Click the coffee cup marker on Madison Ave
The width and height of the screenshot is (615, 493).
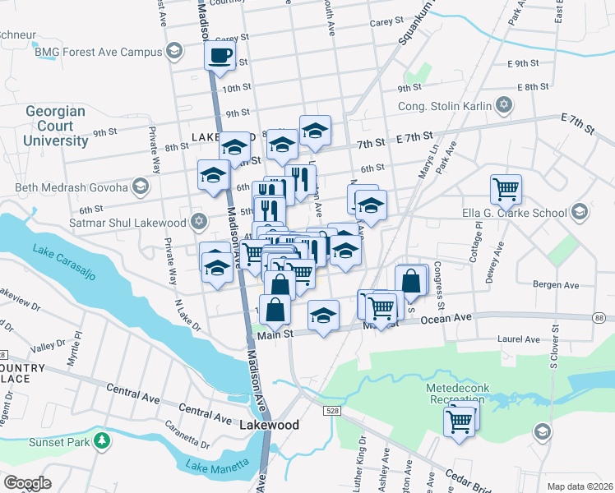(220, 56)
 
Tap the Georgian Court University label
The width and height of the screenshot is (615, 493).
(57, 126)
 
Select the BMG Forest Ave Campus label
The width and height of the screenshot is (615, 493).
(99, 52)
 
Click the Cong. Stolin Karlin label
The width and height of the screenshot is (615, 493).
(444, 105)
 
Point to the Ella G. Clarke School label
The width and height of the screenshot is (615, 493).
(520, 213)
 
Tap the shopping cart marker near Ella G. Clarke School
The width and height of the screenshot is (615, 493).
(506, 189)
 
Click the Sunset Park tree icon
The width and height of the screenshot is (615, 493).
(102, 441)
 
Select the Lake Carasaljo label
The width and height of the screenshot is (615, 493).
(65, 262)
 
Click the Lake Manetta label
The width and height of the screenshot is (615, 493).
(217, 466)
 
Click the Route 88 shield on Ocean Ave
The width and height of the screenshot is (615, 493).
(599, 318)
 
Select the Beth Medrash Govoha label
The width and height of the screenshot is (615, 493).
(72, 187)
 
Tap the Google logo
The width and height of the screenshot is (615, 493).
(28, 482)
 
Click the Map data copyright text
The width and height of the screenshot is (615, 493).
(580, 486)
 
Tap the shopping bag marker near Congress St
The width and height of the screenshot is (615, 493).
(411, 280)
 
